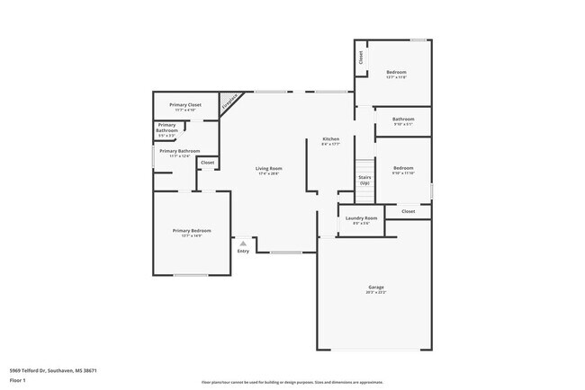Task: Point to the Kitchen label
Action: pos(331,139)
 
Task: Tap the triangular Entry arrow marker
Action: pos(243,243)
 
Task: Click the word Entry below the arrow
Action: pos(243,251)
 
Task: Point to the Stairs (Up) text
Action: pos(364,180)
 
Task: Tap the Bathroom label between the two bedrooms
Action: pos(402,119)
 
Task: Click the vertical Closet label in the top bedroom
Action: pos(361,58)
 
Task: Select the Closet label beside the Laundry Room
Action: pos(408,211)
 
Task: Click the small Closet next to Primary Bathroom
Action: pos(207,163)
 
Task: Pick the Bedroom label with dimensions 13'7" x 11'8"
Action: pos(396,72)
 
